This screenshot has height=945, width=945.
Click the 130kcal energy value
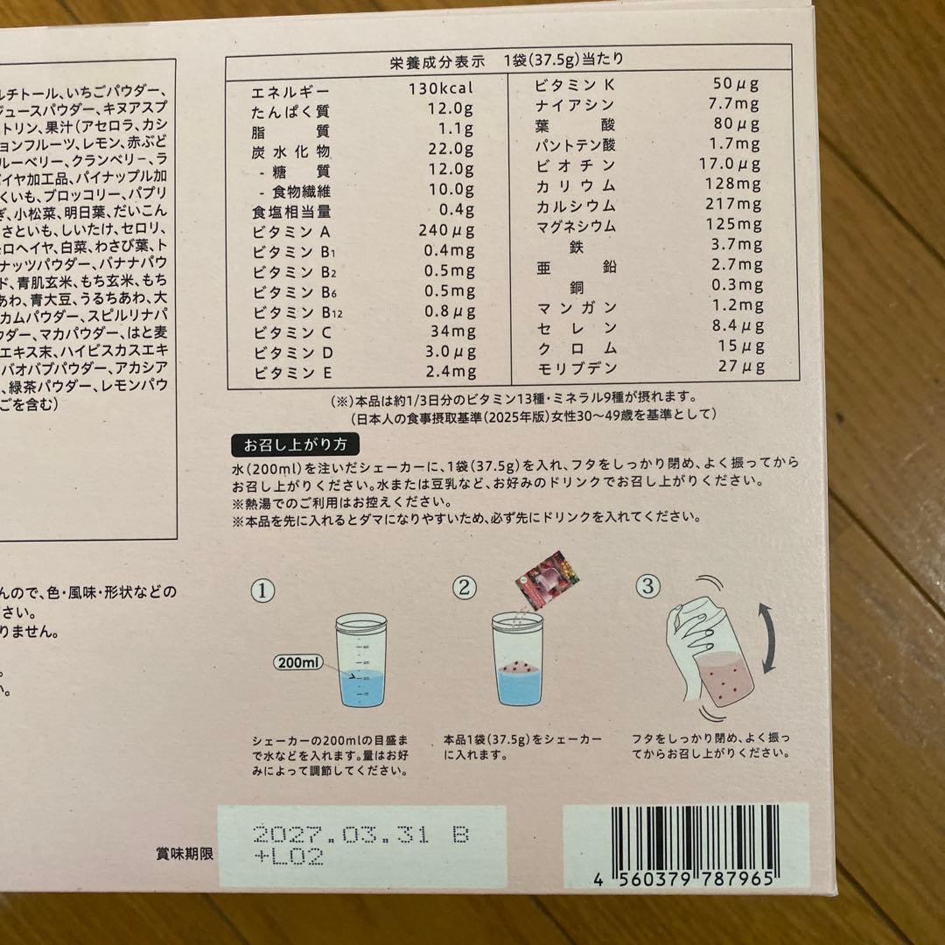[x=439, y=89]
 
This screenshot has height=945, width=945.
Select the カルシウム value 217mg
[x=733, y=206]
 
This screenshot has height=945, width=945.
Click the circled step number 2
[x=465, y=587]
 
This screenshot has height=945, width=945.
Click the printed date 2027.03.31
[x=339, y=835]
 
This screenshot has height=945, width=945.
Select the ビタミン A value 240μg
[x=440, y=232]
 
